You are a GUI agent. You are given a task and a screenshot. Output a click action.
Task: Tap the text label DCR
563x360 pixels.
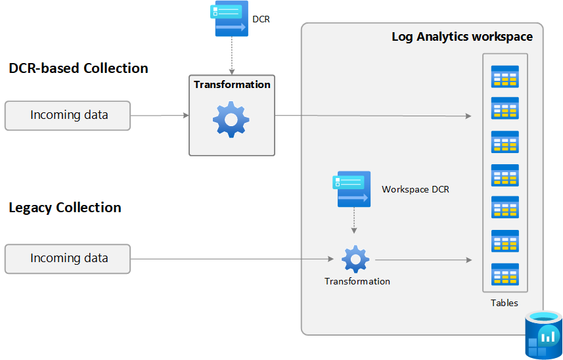261,20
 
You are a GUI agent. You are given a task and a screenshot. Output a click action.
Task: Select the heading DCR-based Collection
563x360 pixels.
78,68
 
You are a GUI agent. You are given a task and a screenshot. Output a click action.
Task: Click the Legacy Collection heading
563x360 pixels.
65,208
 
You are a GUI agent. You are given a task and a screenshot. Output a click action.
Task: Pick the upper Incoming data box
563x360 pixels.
68,116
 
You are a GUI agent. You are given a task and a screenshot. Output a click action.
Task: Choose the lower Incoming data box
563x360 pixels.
68,258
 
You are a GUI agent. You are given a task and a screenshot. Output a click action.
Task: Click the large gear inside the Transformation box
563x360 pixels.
231,119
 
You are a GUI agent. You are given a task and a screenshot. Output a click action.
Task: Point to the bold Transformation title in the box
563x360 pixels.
232,85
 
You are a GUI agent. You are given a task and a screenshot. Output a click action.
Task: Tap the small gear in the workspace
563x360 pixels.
355,259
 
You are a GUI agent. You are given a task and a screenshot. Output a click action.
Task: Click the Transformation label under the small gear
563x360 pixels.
357,281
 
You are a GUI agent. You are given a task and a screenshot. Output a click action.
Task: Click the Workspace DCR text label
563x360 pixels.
415,189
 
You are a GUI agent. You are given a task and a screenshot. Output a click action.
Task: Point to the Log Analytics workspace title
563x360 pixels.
462,37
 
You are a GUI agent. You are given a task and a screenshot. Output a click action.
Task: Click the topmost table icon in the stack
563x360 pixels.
505,76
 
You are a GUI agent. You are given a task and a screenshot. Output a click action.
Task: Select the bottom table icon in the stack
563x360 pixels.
505,274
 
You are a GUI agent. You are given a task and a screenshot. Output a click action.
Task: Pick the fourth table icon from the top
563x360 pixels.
505,175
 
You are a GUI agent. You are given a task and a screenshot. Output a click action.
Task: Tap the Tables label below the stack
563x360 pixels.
504,303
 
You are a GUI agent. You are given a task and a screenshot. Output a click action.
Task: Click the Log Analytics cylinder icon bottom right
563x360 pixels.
543,335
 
